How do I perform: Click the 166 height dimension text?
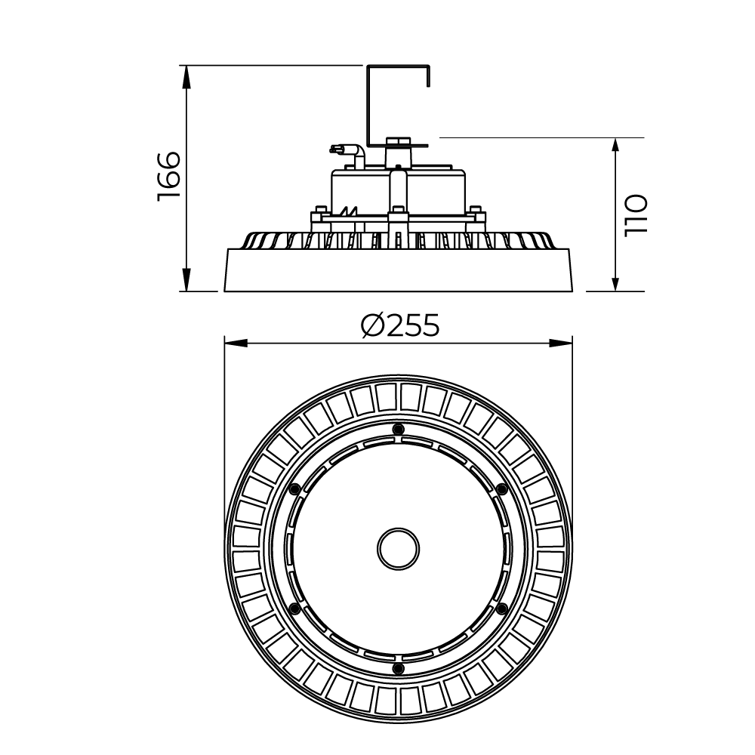(168, 177)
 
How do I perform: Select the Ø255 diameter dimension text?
(399, 325)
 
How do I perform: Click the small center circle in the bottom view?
(398, 549)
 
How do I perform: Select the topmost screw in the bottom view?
(398, 429)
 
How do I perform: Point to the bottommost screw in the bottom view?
(398, 668)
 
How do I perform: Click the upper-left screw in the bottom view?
(294, 488)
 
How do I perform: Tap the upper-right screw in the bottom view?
(501, 488)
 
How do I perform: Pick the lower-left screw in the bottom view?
(294, 608)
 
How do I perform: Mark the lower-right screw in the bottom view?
(501, 608)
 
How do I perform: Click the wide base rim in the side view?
(399, 271)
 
